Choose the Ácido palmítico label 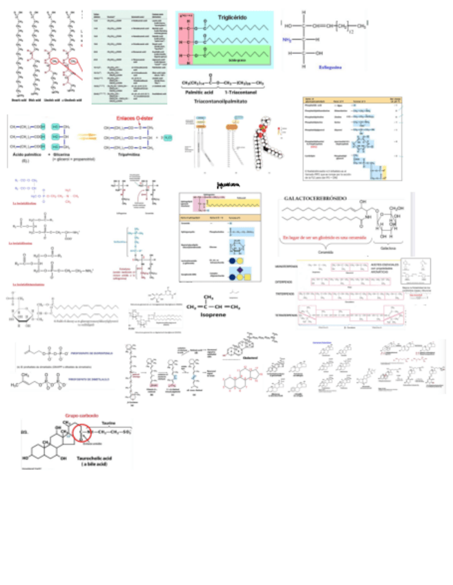tap(24, 155)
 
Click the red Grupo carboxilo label tap(77, 416)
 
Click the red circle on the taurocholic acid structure tap(83, 434)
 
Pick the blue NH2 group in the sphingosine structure tap(288, 39)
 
